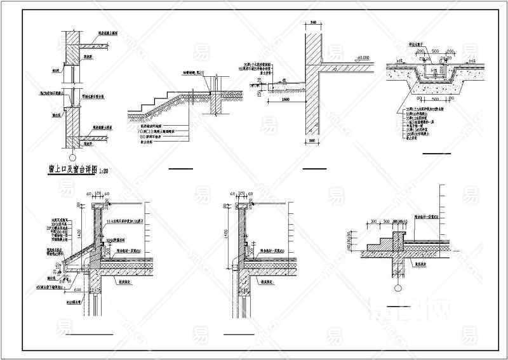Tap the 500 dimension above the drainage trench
pyautogui.click(x=436, y=50)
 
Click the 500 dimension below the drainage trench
pyautogui.click(x=436, y=100)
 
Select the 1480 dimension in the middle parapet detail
pyautogui.click(x=226, y=234)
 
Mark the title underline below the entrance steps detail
pyautogui.click(x=180, y=169)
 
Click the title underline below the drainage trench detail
pyautogui.click(x=436, y=154)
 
